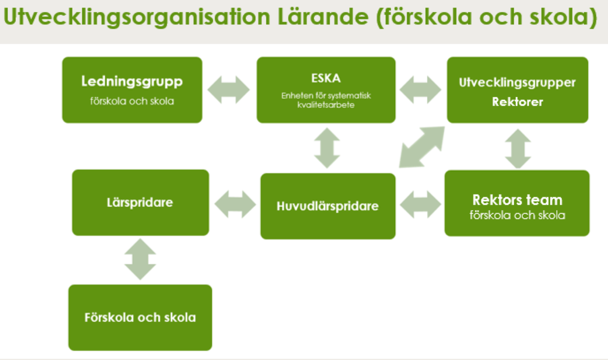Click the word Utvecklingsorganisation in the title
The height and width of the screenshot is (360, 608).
point(137,17)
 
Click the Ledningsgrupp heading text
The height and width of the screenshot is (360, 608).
point(132,82)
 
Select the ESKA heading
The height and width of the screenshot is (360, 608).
point(326,78)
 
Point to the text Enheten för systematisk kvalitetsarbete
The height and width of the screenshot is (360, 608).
point(326,100)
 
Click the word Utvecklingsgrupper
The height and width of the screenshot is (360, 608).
point(517,83)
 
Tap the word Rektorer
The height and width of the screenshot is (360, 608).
point(517,102)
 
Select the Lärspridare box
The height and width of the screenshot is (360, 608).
point(141,203)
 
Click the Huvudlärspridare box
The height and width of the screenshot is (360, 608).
point(328,206)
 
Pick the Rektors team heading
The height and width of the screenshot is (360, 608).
point(517,200)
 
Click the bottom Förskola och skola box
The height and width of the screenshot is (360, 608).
point(140,317)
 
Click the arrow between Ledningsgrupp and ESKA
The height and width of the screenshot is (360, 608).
point(229,90)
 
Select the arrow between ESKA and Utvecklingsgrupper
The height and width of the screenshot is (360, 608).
point(421,90)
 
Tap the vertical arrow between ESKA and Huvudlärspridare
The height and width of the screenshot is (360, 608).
point(327,148)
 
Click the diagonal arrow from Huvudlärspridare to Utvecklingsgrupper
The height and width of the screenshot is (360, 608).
point(422,147)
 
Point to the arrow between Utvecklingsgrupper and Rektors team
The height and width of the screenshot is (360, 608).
point(518,149)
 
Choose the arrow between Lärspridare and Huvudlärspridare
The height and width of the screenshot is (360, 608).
point(235,204)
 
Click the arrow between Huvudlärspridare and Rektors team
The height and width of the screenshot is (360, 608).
point(421,205)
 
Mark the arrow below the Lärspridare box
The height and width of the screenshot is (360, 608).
point(140,259)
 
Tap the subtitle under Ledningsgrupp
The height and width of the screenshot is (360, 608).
point(132,101)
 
